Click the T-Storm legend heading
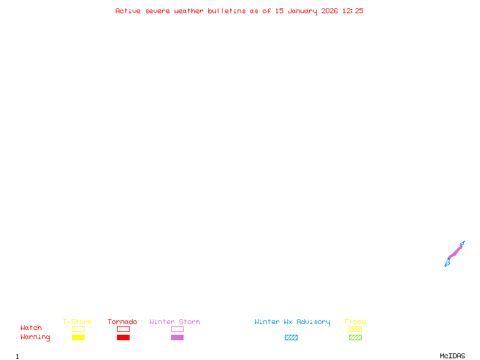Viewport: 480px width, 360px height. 77,322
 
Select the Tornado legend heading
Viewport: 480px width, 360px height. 122,322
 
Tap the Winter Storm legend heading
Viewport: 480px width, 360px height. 175,322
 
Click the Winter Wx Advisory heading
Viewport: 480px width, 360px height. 292,322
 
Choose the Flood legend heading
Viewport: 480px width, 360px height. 355,322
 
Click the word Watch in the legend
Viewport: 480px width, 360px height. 31,328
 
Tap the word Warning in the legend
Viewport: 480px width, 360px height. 35,337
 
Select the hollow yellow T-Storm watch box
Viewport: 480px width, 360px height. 78,329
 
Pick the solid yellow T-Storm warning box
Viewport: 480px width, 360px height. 78,337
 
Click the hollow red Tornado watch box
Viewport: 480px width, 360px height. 123,329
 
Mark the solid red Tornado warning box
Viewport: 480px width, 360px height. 123,337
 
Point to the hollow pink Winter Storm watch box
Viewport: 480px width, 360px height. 177,329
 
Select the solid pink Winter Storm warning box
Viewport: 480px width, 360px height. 177,337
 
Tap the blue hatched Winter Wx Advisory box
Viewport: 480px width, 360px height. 291,337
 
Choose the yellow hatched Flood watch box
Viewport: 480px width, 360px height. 355,329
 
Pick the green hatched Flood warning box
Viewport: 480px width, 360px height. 355,337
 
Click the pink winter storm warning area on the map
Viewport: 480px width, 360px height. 455,253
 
